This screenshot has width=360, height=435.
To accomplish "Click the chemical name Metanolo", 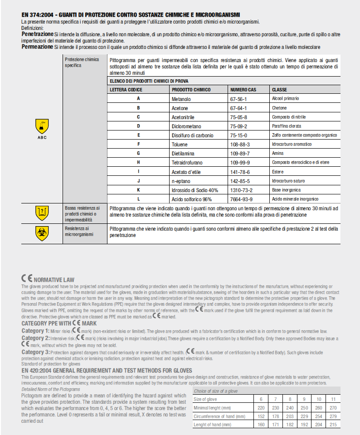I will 181,99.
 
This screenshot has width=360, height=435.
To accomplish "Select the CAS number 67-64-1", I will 238,108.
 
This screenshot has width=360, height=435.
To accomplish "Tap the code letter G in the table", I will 138,154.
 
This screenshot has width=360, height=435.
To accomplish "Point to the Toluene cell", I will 180,145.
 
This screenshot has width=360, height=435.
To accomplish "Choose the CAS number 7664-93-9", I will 242,199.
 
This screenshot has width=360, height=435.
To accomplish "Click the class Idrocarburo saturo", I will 288,181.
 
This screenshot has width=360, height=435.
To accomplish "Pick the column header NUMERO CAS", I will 243,90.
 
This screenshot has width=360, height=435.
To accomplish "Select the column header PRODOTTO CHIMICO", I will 191,90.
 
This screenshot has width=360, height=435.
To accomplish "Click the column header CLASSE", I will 279,90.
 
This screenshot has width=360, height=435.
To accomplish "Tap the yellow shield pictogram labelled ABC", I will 42,126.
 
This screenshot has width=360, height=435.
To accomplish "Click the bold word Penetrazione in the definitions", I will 37,34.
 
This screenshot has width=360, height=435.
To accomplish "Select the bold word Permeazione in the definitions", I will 37,47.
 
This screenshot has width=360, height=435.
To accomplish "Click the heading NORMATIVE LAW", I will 54,280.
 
